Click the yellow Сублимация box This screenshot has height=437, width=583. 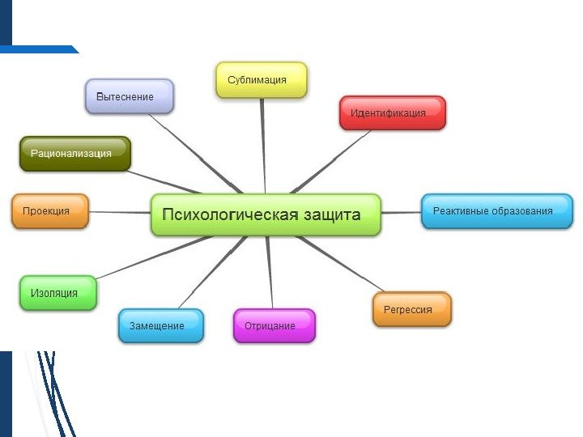[x=261, y=80]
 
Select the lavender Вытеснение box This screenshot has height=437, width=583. [x=130, y=96]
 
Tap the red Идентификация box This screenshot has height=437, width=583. [x=392, y=113]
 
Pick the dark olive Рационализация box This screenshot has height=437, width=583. [x=75, y=154]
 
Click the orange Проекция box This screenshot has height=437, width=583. [x=49, y=211]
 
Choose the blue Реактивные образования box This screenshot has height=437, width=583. [x=496, y=211]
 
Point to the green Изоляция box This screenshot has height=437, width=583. [x=57, y=293]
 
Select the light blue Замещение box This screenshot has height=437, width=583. [x=161, y=325]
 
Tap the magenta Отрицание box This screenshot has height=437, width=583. [x=274, y=325]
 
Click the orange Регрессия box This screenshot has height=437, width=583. [x=411, y=309]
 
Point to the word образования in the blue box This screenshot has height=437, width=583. [x=521, y=211]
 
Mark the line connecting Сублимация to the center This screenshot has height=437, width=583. [x=263, y=146]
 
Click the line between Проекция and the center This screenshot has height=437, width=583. [x=120, y=212]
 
